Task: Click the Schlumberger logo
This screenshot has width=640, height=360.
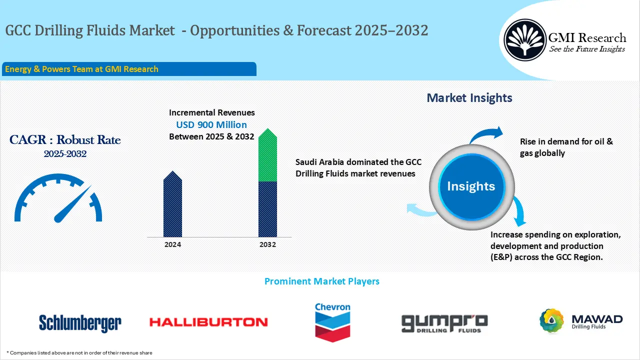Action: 80,322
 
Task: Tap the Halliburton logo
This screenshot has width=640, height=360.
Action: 208,322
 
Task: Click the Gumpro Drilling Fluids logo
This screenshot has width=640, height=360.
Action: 444,323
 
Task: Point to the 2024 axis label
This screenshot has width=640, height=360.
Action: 172,244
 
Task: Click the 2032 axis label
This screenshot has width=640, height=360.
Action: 267,244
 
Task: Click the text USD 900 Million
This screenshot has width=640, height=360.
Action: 211,124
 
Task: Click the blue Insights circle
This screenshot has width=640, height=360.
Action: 470,186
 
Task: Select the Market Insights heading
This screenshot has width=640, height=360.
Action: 469,98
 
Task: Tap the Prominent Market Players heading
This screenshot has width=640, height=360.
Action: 321,281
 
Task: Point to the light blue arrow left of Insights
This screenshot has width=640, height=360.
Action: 420,210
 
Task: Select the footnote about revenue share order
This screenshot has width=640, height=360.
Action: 79,352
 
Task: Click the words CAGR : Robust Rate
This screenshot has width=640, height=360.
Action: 65,140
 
